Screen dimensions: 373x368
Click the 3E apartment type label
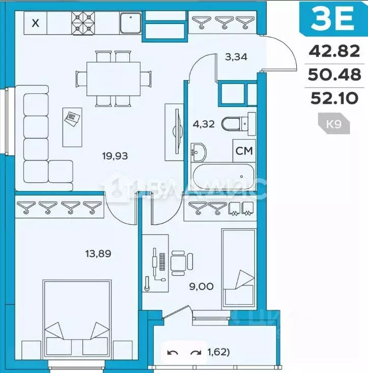point(332,21)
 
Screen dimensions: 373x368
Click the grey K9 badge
point(333,124)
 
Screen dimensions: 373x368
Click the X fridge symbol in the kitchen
point(35,23)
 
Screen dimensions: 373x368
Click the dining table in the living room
point(113,78)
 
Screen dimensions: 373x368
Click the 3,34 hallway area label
point(236,57)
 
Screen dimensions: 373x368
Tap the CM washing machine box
point(243,151)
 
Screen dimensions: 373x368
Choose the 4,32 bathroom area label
point(203,123)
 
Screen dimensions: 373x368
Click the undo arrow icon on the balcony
point(173,353)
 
